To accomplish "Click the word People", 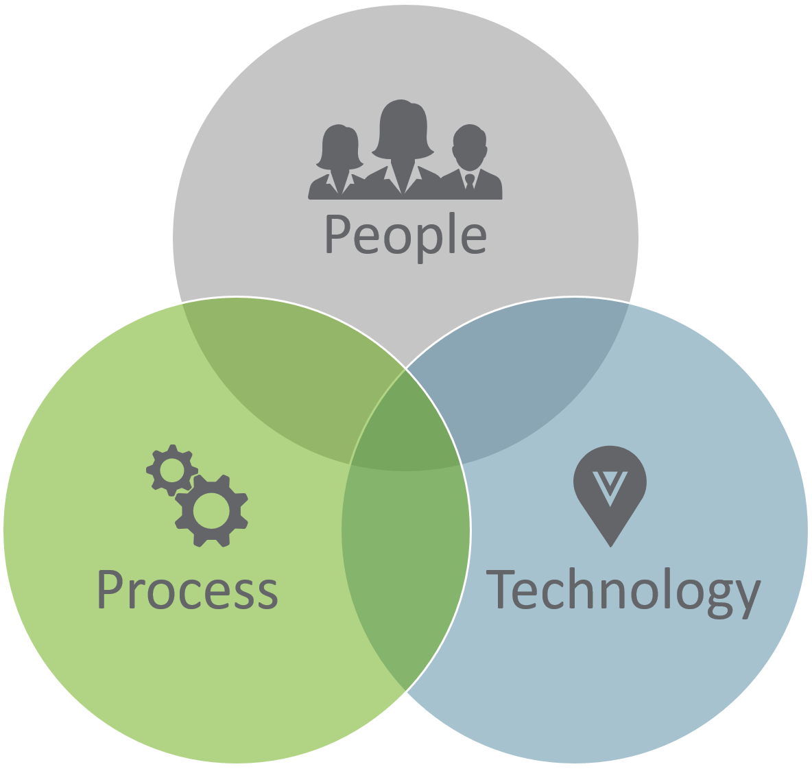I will tap(405, 236).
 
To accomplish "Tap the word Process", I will tap(187, 590).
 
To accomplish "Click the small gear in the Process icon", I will tap(171, 470).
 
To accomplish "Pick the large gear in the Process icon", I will tap(211, 510).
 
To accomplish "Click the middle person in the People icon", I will tap(403, 147).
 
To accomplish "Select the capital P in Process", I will tap(110, 589).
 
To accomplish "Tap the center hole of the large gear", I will tap(211, 510).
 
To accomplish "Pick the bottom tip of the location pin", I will tap(610, 545).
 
